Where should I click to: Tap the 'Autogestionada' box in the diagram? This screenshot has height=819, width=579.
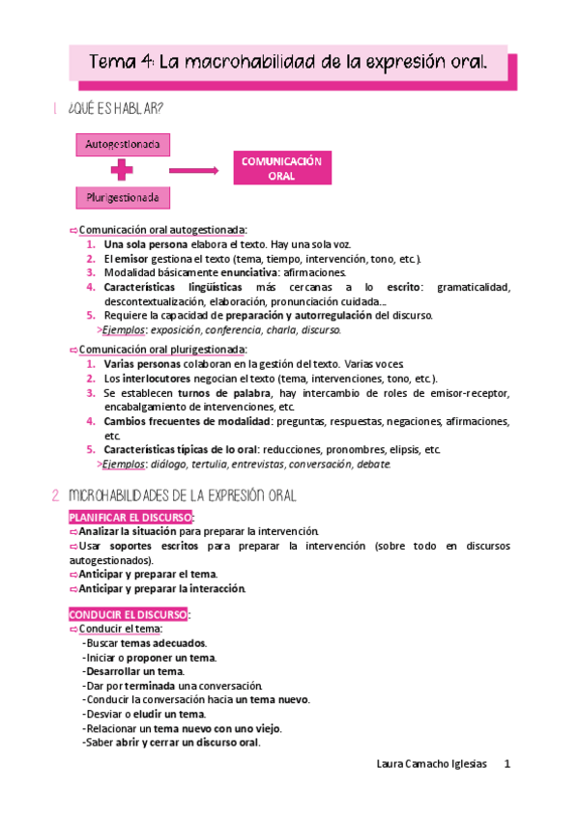tap(124, 145)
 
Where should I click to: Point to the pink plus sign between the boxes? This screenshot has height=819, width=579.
tap(123, 172)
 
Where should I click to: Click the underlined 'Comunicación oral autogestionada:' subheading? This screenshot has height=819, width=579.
tap(162, 230)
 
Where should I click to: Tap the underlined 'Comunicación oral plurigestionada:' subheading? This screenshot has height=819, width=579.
tap(162, 350)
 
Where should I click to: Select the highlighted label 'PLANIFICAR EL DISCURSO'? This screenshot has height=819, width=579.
tap(130, 518)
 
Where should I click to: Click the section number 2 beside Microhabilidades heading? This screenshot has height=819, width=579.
tap(54, 495)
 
